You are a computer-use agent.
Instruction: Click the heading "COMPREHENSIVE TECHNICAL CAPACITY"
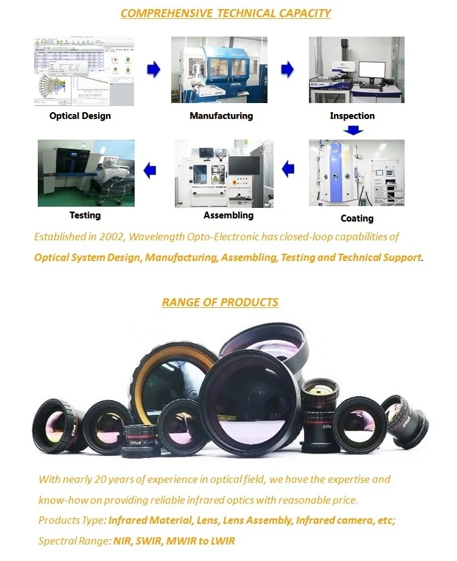pyautogui.click(x=225, y=13)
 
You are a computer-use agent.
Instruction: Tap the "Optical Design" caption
pyautogui.click(x=80, y=116)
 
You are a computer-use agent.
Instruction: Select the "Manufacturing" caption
pyautogui.click(x=221, y=116)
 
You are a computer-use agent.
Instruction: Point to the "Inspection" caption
pyautogui.click(x=352, y=116)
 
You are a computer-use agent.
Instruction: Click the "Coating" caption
pyautogui.click(x=357, y=218)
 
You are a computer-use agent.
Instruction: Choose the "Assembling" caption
pyautogui.click(x=228, y=215)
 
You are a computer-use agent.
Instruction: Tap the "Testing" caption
pyautogui.click(x=85, y=215)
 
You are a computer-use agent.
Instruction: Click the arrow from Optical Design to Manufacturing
pyautogui.click(x=154, y=70)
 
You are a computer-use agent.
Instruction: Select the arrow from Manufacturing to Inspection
pyautogui.click(x=287, y=70)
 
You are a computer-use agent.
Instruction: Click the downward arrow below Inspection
pyautogui.click(x=353, y=130)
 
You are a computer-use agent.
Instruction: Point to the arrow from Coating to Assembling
pyautogui.click(x=288, y=169)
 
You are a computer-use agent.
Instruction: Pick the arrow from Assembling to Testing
pyautogui.click(x=149, y=170)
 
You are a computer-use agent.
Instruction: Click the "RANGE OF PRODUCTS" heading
pyautogui.click(x=220, y=302)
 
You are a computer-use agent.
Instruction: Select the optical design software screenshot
pyautogui.click(x=84, y=71)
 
